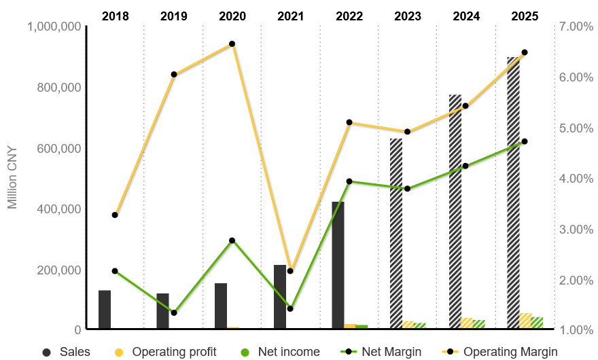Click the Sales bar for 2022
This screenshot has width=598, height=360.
click(338, 266)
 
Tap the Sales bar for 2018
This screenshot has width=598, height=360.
click(105, 310)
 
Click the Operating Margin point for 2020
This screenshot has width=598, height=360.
click(232, 44)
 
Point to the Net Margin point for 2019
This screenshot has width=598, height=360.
click(174, 312)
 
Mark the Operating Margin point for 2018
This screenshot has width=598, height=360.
click(115, 215)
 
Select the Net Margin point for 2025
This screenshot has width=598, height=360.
click(524, 141)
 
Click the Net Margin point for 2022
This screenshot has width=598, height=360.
click(349, 181)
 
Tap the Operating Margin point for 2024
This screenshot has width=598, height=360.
click(465, 106)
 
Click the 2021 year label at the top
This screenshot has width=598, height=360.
click(291, 16)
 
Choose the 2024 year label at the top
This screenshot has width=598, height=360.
click(465, 16)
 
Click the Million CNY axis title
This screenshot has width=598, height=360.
click(12, 177)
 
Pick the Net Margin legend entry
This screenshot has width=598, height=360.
click(381, 351)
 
